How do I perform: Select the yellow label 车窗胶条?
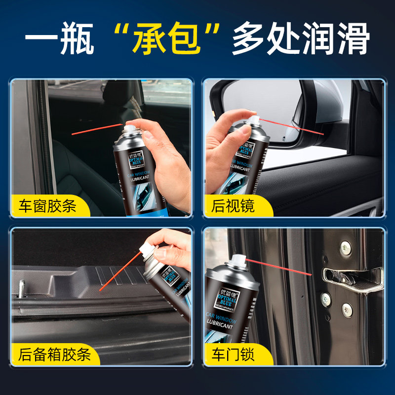pos(48,205)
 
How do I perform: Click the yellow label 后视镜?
pos(233,205)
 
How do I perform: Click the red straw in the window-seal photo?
pos(96,129)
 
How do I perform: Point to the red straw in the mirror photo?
pos(291,126)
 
